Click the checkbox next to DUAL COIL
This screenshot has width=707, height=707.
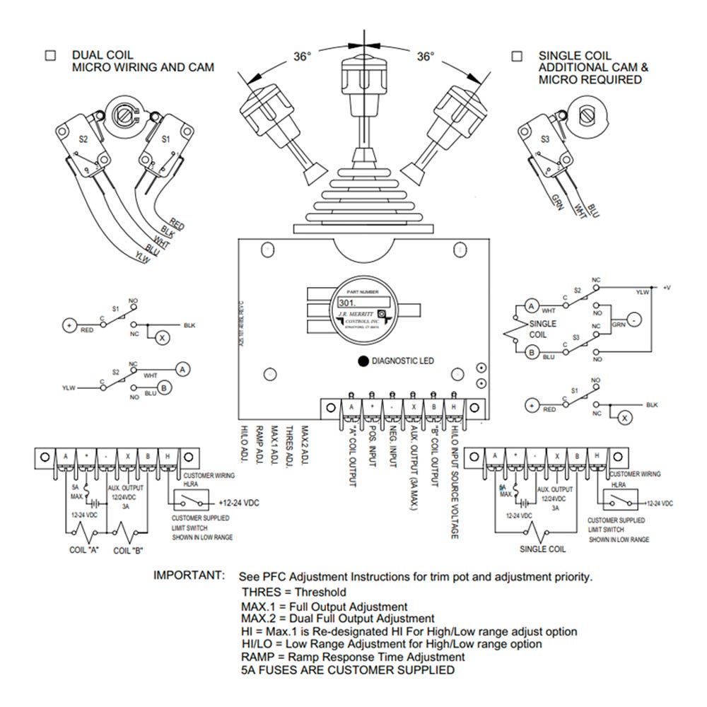[50, 55]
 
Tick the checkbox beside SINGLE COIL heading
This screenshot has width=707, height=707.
[517, 55]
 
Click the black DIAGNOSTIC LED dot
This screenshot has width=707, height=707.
[363, 361]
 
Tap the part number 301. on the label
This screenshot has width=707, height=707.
[348, 301]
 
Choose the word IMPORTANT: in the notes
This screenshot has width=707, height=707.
[189, 576]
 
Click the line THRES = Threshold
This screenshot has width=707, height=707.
[293, 592]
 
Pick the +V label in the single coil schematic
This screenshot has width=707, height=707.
[666, 287]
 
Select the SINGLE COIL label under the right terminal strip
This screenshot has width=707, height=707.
[542, 548]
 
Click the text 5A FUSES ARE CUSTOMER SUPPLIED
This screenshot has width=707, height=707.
[347, 670]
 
